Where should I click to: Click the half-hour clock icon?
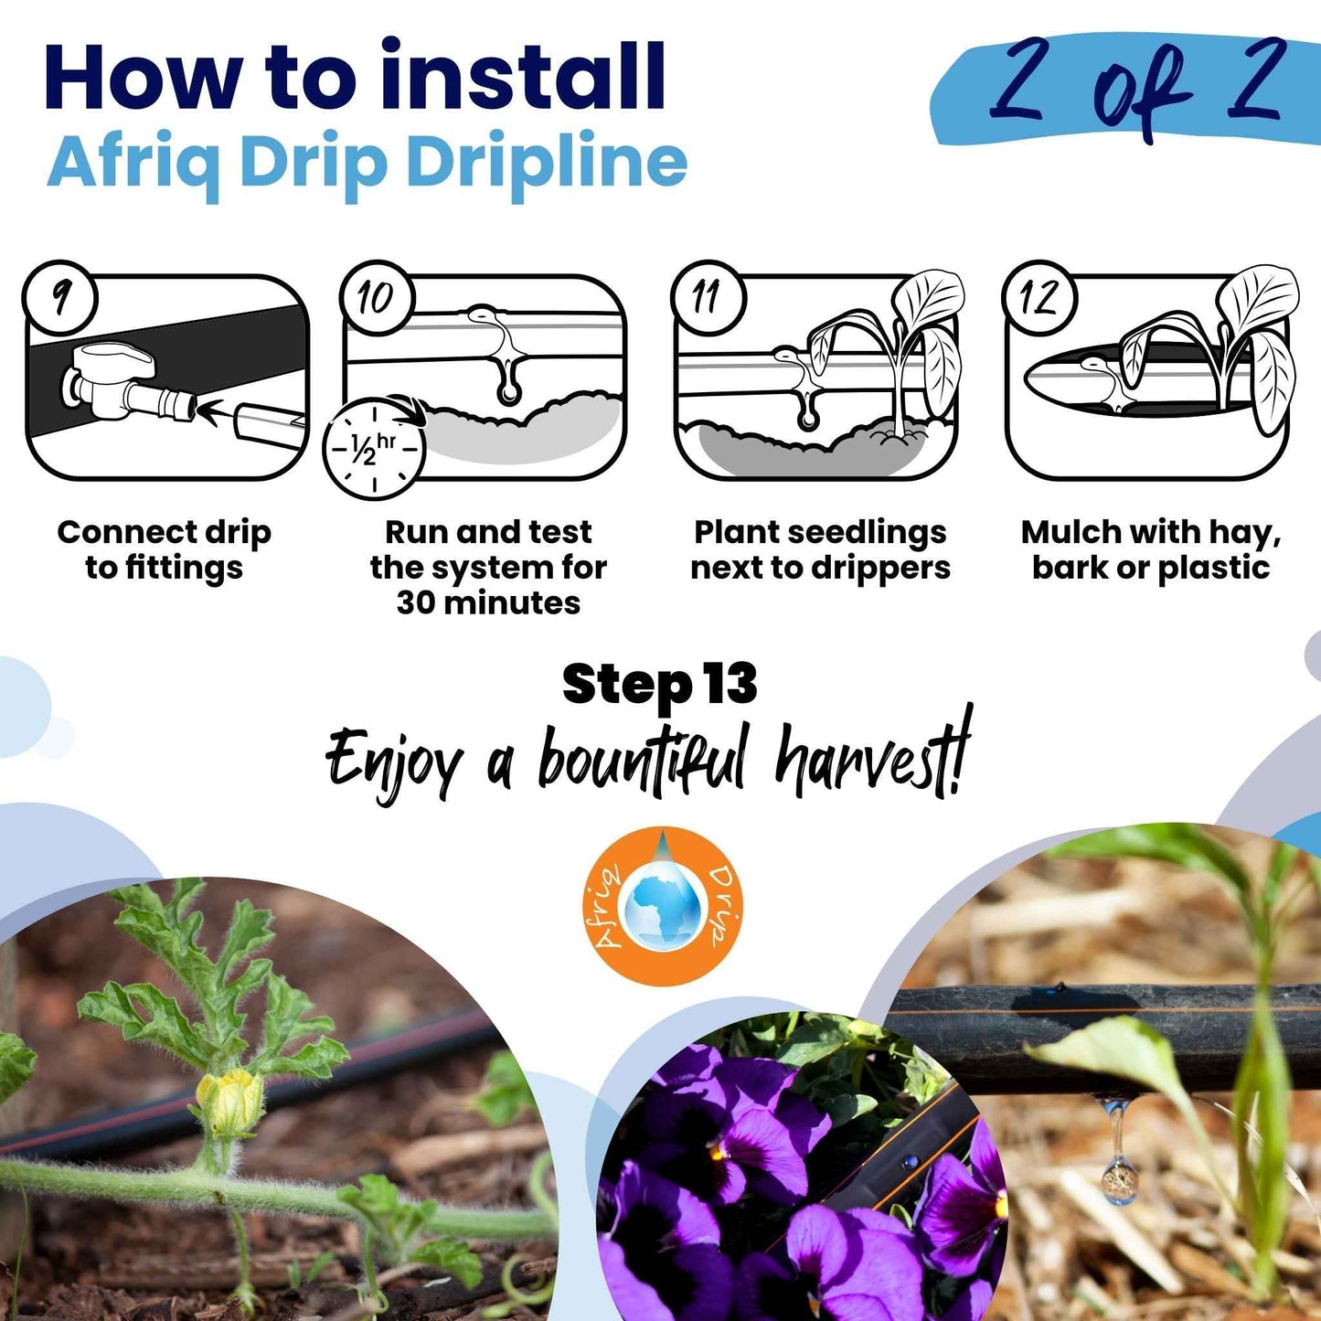click(374, 447)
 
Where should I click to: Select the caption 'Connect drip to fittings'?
click(165, 549)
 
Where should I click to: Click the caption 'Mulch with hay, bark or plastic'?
click(1151, 549)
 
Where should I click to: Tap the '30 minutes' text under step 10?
click(488, 603)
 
